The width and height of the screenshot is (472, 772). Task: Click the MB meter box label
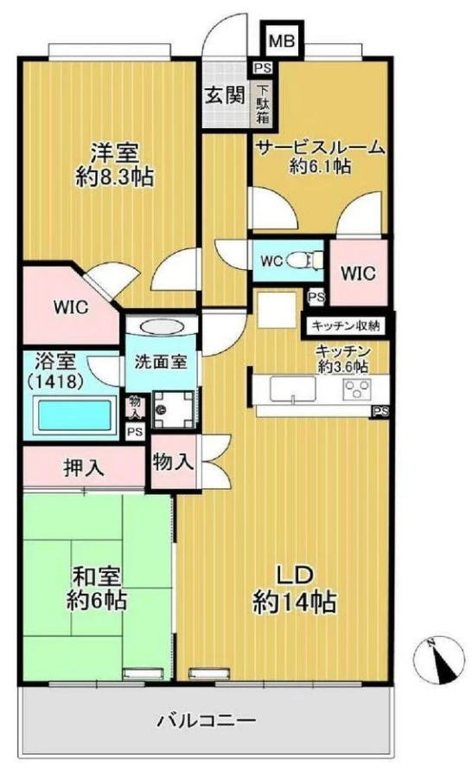tap(279, 39)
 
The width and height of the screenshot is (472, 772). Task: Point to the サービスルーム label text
tap(319, 148)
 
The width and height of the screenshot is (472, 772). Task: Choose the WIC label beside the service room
tap(357, 273)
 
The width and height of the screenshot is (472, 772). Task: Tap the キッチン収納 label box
tap(346, 325)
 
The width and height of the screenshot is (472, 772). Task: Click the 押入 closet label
tap(85, 468)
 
